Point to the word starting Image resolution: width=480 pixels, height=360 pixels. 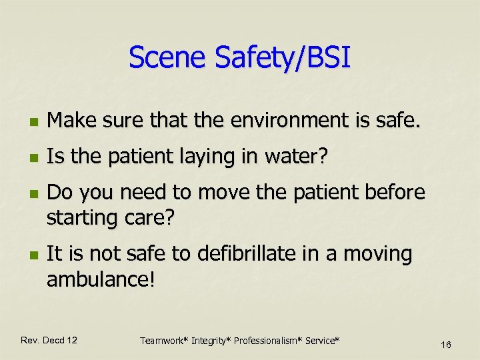pyautogui.click(x=85, y=218)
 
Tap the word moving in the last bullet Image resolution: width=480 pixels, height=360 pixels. pyautogui.click(x=377, y=255)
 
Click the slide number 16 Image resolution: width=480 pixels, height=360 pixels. pyautogui.click(x=446, y=344)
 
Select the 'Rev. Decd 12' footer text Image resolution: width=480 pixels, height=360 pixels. pyautogui.click(x=49, y=340)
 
